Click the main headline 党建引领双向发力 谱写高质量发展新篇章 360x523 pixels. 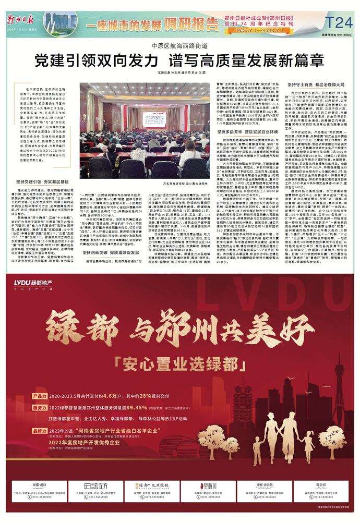click(179, 60)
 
